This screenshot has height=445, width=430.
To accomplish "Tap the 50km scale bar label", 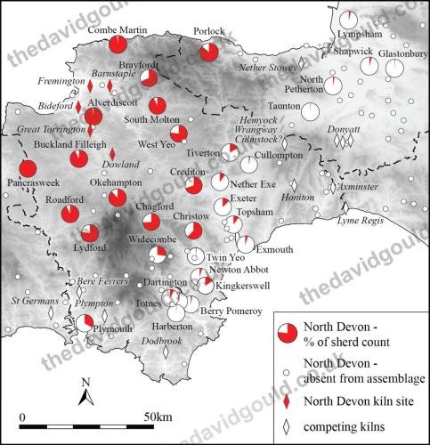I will pos(159,417).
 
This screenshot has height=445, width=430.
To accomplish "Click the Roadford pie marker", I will pos(70,214).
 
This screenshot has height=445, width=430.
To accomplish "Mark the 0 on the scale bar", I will pos(21,417).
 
